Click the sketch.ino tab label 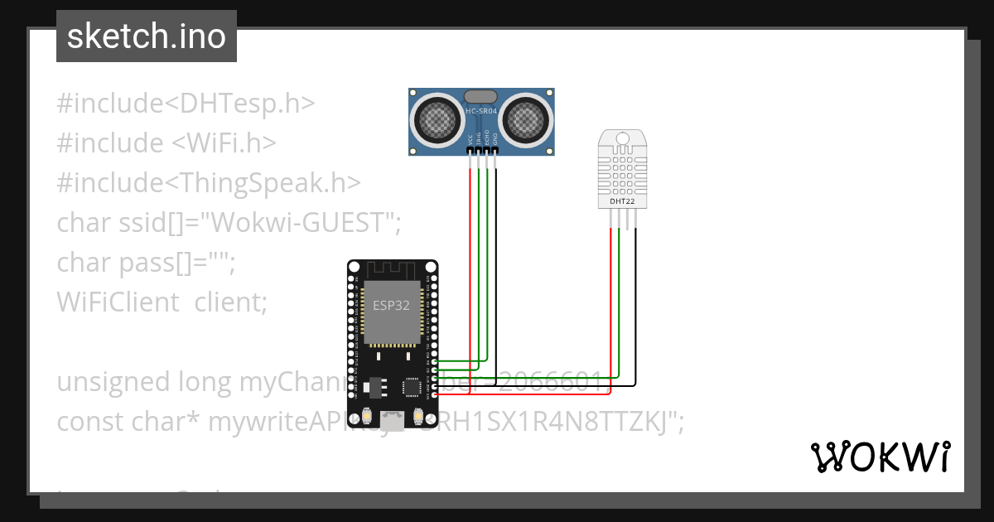146,36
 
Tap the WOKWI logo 879,457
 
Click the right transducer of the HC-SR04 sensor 527,120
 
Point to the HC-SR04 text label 483,111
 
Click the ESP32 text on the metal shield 390,305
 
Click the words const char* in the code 128,422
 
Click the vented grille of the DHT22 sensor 622,166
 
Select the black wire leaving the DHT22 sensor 636,307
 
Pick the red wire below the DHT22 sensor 610,307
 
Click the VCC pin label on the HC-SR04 470,143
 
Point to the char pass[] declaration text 145,263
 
